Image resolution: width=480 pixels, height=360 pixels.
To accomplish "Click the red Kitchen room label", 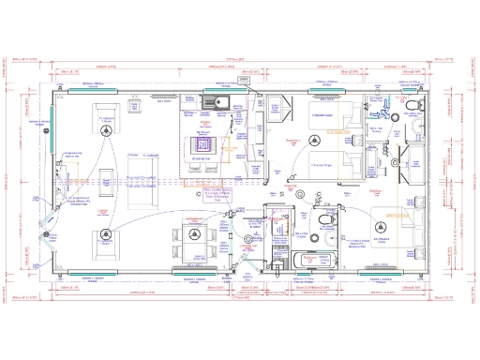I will click(x=205, y=122).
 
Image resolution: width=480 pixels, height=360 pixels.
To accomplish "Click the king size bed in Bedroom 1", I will click(x=393, y=221).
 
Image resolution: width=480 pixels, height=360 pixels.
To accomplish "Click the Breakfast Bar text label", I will click(x=201, y=159).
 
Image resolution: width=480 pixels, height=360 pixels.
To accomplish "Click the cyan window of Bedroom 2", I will click(x=329, y=90).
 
